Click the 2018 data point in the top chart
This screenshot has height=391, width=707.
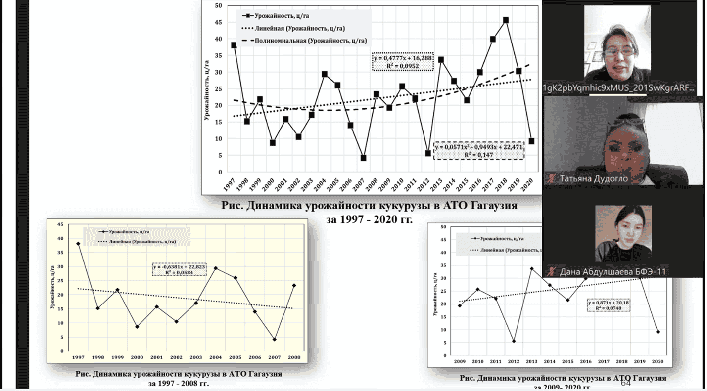505,20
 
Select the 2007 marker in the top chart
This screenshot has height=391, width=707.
363,158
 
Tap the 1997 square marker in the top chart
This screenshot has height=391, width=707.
234,45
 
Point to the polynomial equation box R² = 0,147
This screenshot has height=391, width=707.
478,151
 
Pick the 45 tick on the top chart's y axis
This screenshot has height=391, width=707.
218,22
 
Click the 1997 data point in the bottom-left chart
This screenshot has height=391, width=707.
78,244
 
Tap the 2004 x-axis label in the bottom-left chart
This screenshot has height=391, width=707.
215,357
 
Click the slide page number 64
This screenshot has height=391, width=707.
625,383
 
